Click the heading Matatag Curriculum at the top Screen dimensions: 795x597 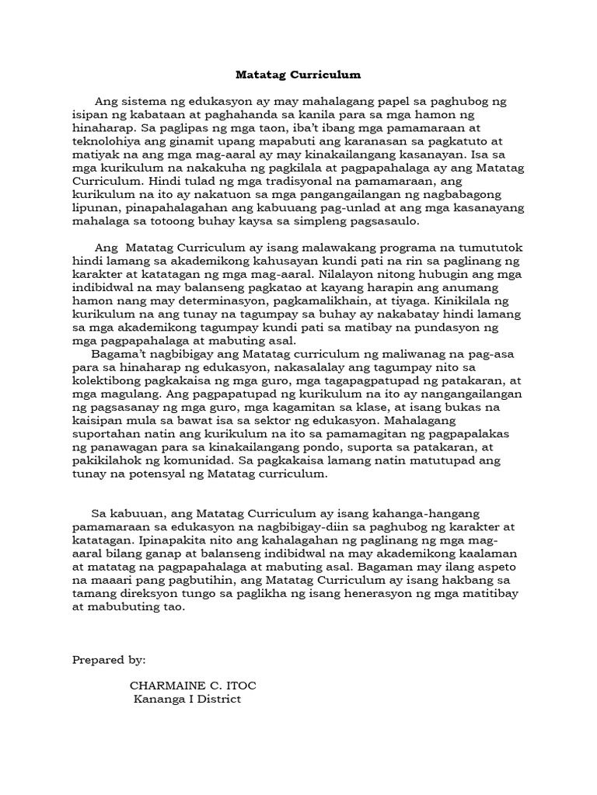click(x=298, y=75)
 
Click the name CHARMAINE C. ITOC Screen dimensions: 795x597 click(x=193, y=686)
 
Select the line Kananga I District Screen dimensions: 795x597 click(x=187, y=700)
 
